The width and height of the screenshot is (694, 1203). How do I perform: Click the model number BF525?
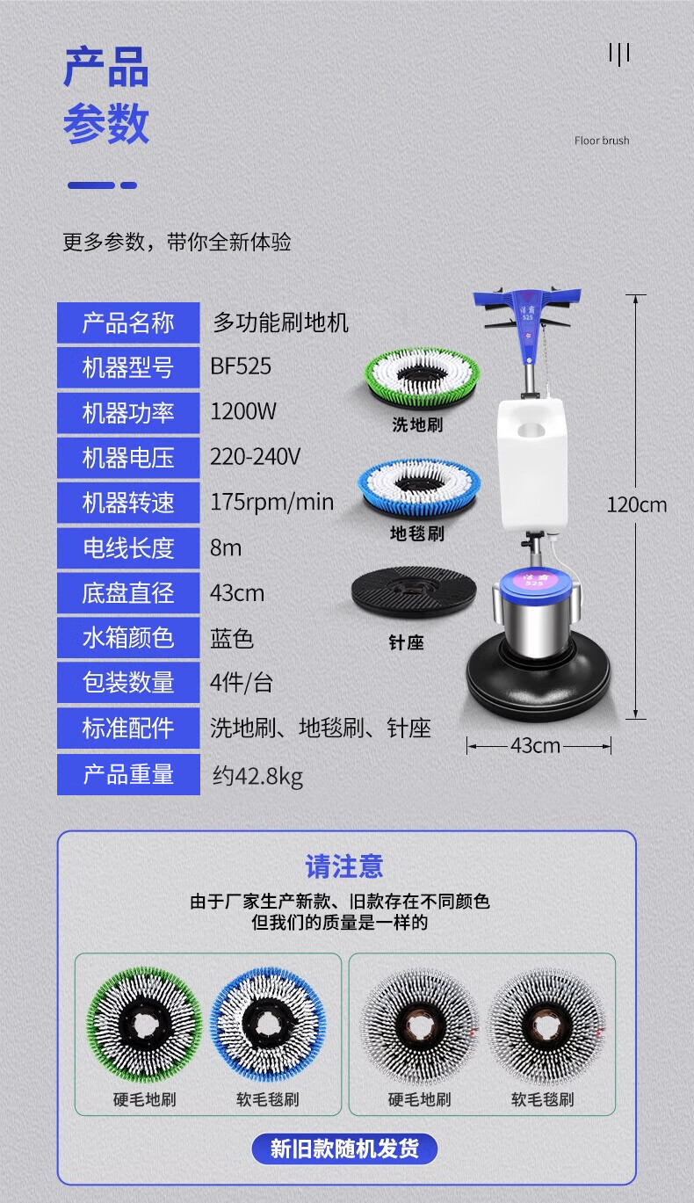point(241,366)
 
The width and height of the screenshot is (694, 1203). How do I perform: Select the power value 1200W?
point(243,411)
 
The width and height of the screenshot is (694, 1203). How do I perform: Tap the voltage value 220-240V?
point(255,456)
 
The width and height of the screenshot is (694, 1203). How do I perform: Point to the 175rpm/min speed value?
point(271,502)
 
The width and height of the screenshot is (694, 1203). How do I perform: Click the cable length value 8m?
point(226,547)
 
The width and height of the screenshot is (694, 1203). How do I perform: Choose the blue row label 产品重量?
point(128,774)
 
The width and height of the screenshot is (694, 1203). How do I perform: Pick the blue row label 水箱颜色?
point(128,638)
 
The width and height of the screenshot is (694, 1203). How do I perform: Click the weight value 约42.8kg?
point(257,776)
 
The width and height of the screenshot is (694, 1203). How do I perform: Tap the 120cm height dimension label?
point(637,504)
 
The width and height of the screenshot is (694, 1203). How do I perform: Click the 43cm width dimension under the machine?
point(535,745)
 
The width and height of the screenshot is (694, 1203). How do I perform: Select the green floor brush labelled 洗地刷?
point(422,378)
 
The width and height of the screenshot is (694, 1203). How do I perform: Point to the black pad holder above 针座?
point(414,591)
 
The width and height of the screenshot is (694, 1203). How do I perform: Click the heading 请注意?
point(344,866)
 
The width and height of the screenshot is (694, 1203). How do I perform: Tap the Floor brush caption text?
point(602,141)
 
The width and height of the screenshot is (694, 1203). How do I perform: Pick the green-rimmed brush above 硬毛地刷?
point(144,1025)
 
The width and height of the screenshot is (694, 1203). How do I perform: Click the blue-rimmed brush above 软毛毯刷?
point(268,1025)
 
